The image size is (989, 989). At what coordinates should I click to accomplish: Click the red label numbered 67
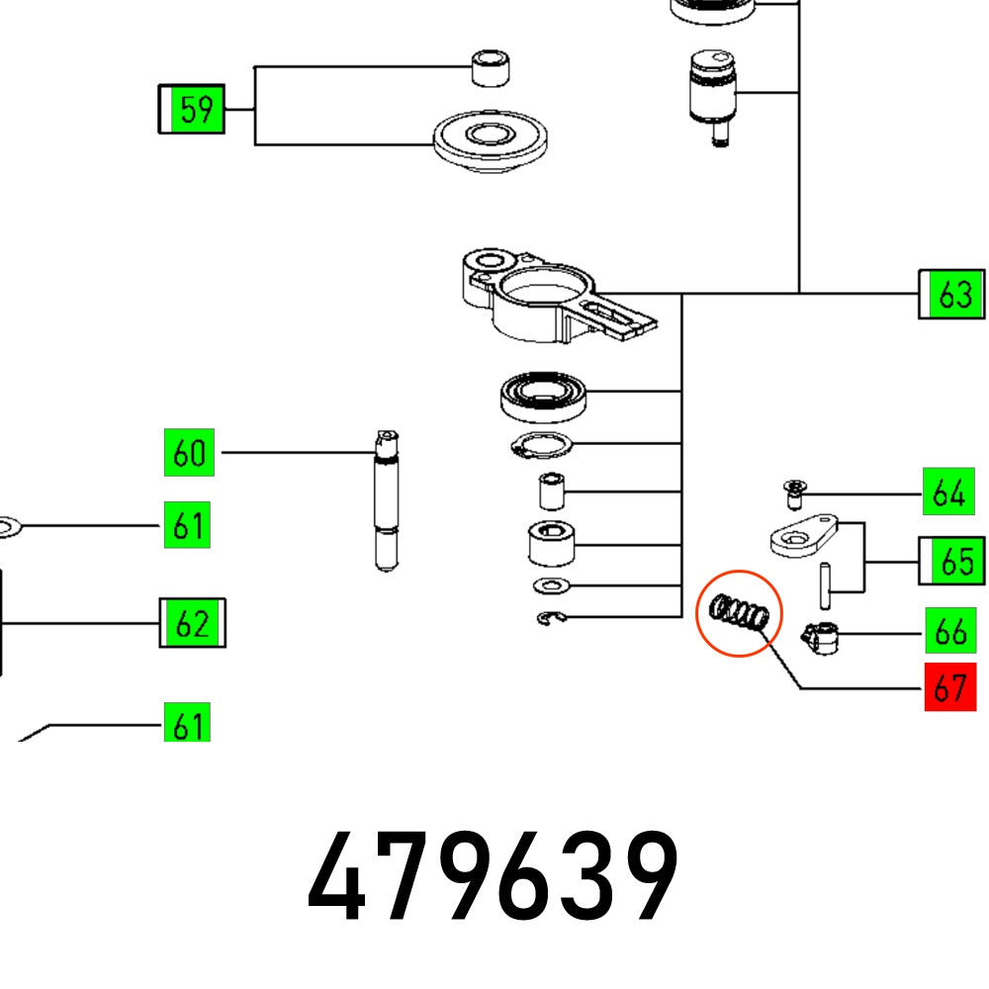pos(949,687)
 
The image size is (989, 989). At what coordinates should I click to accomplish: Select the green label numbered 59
pos(193,110)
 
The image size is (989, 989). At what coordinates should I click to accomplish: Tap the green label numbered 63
pos(952,295)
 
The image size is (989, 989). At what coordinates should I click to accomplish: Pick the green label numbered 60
pos(189,454)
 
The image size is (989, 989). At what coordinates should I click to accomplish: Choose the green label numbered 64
pos(947,493)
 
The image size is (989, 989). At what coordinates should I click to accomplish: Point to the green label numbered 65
pos(952,562)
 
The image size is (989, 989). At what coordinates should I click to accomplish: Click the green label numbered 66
pos(949,631)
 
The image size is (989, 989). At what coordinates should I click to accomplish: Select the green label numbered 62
pos(193,624)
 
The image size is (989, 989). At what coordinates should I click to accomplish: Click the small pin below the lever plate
pos(824,585)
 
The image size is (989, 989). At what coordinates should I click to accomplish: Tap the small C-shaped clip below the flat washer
pos(552,620)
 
